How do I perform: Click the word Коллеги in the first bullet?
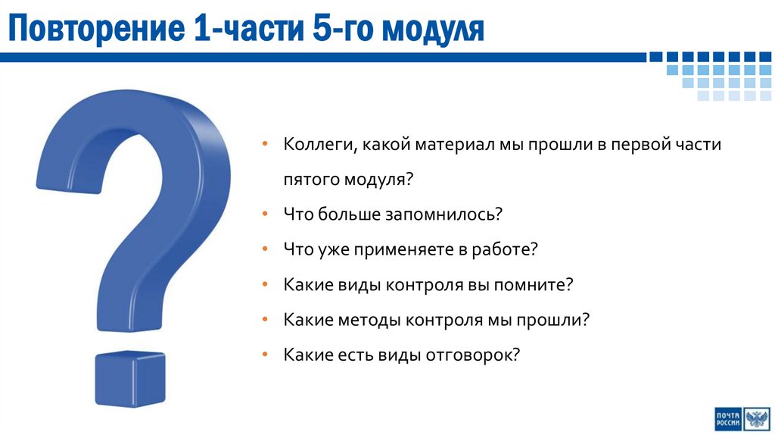pyautogui.click(x=316, y=145)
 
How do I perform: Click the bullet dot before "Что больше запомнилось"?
pyautogui.click(x=264, y=215)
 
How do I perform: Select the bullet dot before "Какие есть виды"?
pyautogui.click(x=264, y=355)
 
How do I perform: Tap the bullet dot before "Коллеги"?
pyautogui.click(x=264, y=145)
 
